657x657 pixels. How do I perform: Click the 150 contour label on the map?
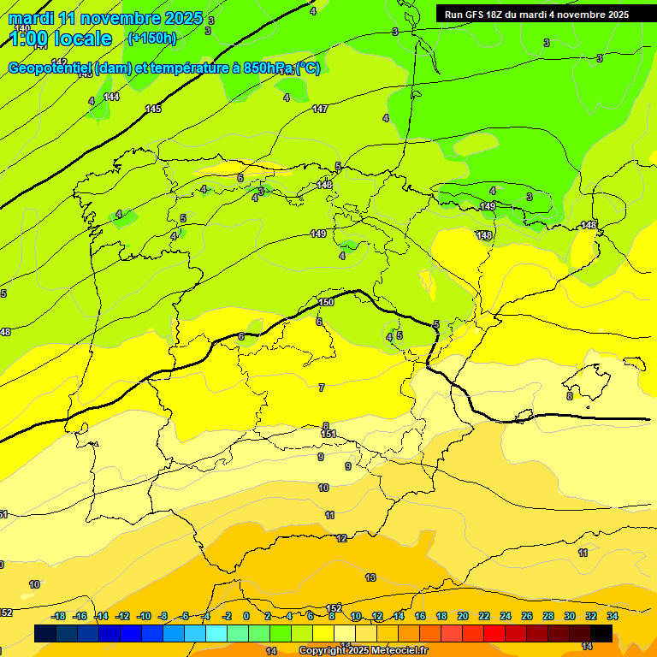coord(326,302)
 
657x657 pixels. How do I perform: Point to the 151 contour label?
coord(328,435)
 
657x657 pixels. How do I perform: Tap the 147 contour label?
coord(320,109)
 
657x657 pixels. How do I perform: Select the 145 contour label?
coord(153,109)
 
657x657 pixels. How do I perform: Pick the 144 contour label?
coord(111,97)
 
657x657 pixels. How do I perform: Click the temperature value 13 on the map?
coord(370,577)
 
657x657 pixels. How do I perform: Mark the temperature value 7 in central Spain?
coord(322,388)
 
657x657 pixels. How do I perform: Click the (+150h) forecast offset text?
coord(151,38)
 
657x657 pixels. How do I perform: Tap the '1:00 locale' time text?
coord(61,38)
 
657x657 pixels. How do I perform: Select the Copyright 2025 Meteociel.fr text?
coord(363,651)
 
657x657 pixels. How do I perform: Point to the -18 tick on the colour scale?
coord(59,616)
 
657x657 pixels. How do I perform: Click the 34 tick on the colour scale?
coord(613,616)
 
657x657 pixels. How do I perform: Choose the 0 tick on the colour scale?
coord(246,616)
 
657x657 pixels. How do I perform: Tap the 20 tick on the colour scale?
coord(463,616)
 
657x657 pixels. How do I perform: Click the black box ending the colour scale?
coord(601,633)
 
